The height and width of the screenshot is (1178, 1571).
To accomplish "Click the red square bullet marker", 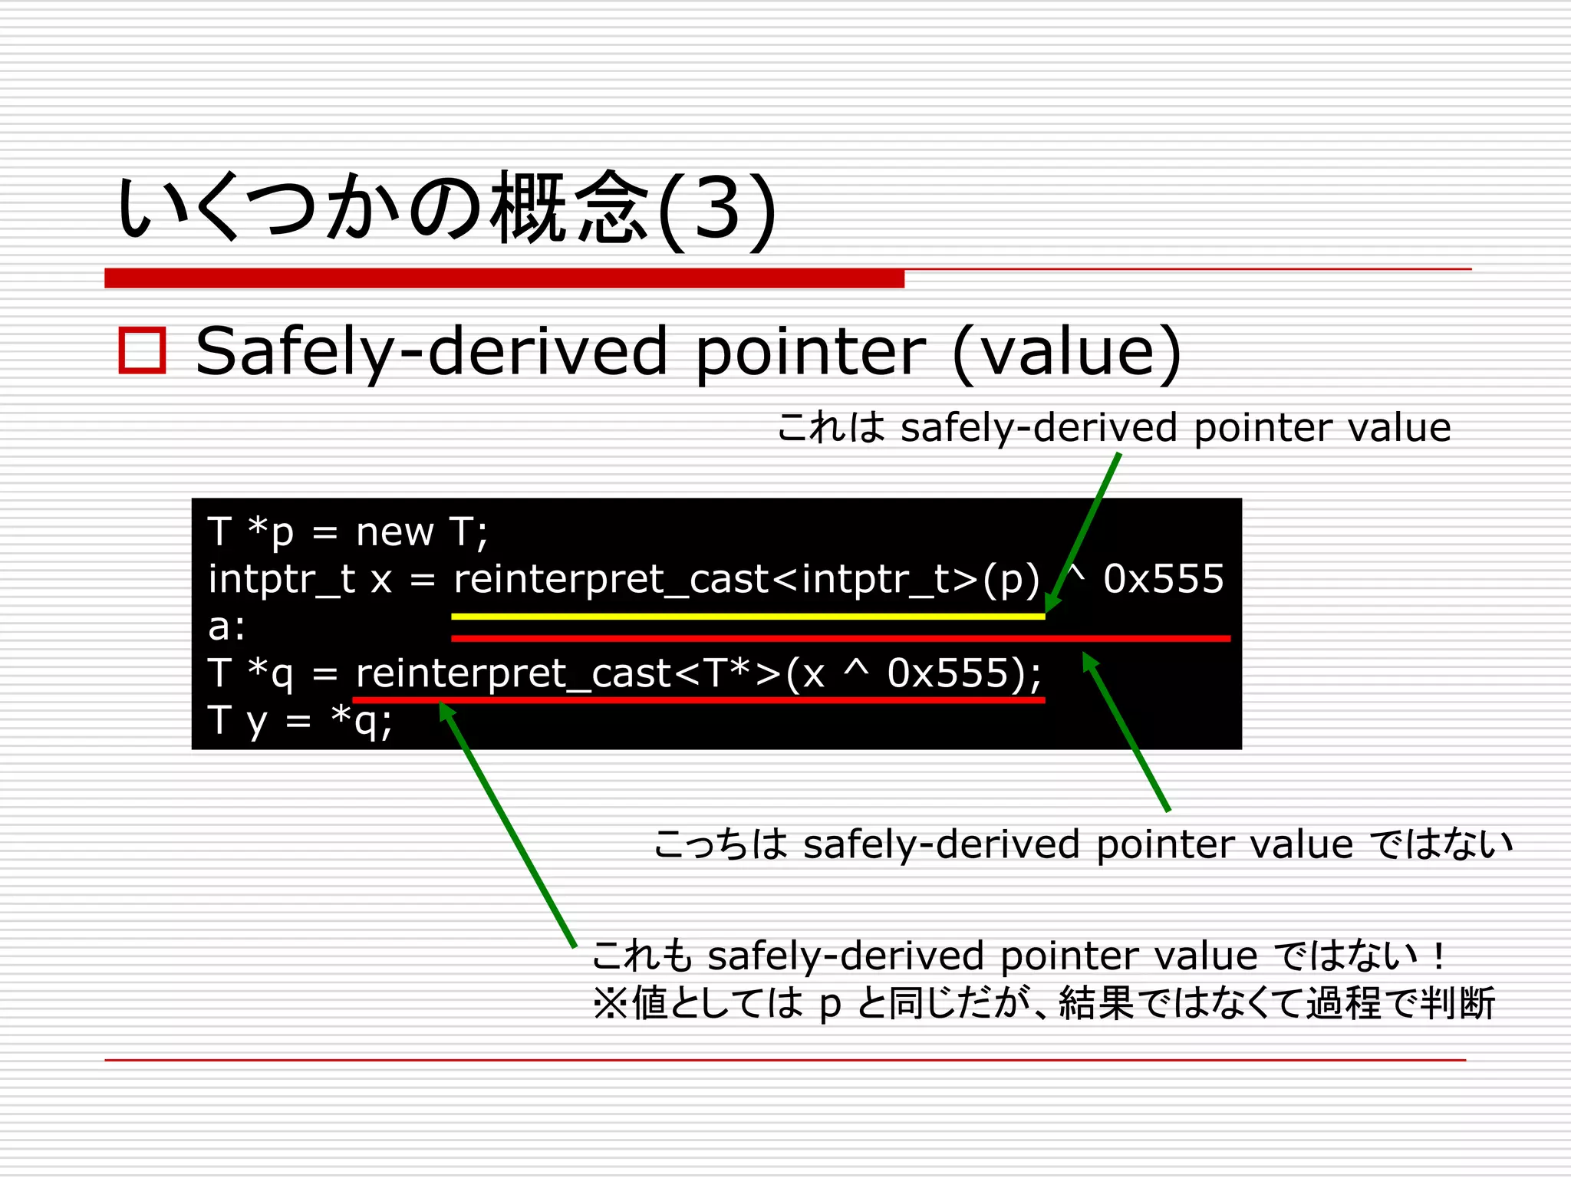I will (142, 350).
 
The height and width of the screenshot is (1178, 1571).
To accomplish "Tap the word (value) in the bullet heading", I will (1066, 351).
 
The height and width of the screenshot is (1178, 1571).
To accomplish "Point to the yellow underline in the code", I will (748, 616).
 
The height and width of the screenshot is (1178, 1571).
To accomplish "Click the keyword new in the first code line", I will (394, 531).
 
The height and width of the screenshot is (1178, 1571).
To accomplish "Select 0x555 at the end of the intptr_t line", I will (1163, 578).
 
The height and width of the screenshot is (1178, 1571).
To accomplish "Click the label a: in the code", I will (226, 627).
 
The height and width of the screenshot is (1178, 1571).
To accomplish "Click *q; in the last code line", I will (361, 721).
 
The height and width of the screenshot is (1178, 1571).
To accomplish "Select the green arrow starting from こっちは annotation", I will (1126, 732).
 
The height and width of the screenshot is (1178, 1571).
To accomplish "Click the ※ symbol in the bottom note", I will (611, 1003).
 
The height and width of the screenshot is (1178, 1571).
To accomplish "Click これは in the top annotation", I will (831, 427).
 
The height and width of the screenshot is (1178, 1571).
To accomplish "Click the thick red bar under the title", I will (504, 278).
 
